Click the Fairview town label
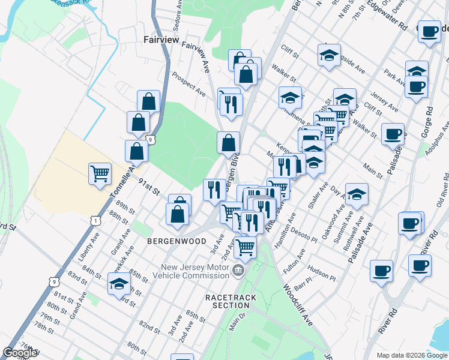tap(161, 40)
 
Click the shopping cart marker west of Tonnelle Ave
tap(100, 174)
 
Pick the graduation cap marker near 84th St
tap(119, 284)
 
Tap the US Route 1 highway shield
tap(95, 220)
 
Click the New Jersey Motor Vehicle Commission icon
tap(239, 272)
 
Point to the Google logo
tap(20, 353)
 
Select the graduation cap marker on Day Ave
tap(357, 194)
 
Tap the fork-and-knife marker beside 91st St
tap(214, 190)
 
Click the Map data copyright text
tap(403, 355)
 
